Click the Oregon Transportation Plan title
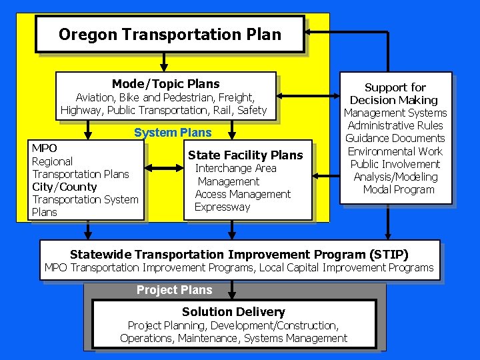[x=169, y=34]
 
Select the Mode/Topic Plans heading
[x=165, y=84]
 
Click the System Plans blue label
[x=173, y=133]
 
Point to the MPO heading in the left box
[x=45, y=148]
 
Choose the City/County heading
[x=65, y=187]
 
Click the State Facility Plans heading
[x=245, y=155]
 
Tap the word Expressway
[x=223, y=207]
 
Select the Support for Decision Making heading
[x=395, y=93]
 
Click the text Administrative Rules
[x=395, y=125]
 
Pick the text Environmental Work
[x=395, y=151]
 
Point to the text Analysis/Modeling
[x=395, y=177]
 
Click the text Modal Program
[x=399, y=189]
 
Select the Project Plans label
[x=174, y=290]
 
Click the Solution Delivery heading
[x=233, y=312]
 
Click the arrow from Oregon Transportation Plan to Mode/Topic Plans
[x=163, y=62]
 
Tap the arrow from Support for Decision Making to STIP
[x=388, y=223]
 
